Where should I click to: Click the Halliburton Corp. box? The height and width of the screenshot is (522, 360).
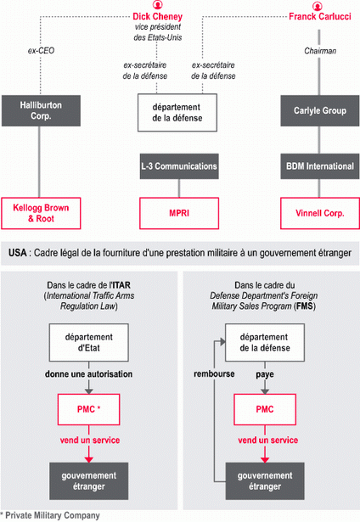41,110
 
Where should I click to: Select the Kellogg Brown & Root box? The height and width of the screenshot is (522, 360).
41,213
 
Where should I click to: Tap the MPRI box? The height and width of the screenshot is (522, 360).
179,213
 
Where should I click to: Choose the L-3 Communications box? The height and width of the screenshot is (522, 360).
179,166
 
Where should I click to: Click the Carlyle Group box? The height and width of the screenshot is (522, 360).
320,110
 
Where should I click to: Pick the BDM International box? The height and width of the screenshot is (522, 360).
320,166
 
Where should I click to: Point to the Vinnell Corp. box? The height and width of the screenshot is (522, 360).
320,213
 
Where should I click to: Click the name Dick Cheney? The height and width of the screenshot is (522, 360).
158,16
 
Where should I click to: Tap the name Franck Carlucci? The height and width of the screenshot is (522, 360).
320,16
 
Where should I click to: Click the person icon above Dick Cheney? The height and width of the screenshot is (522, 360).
158,5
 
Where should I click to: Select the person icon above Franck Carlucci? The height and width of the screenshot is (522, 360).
318,6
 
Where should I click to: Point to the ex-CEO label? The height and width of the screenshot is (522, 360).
41,51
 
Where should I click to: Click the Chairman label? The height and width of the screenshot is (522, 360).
320,51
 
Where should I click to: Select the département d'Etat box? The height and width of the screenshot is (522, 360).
89,342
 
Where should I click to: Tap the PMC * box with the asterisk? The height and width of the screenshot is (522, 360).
89,409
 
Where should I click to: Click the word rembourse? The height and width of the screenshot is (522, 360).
214,373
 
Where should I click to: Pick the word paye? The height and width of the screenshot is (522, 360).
265,374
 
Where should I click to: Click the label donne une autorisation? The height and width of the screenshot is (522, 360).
88,373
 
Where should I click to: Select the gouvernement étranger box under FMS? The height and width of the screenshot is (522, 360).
265,480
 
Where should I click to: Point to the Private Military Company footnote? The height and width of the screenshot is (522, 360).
50,515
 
